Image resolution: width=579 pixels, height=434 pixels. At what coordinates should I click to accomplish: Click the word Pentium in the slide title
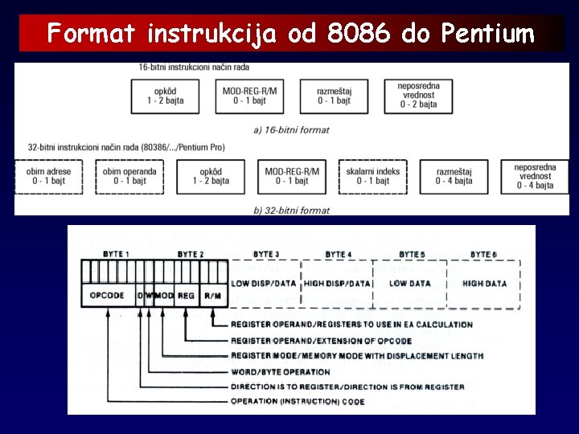pos(487,34)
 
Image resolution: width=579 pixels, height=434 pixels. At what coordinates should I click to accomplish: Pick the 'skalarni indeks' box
pos(371,176)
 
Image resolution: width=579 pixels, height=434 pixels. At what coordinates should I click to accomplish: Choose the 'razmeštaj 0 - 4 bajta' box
pos(454,176)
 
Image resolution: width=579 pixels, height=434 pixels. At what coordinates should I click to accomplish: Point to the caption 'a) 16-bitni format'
pos(291,129)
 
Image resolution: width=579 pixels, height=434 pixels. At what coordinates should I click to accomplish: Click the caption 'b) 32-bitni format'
pos(291,211)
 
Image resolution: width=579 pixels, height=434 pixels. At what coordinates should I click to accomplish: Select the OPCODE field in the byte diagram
pos(107,296)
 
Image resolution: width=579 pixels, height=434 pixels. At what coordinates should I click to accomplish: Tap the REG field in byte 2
pos(186,296)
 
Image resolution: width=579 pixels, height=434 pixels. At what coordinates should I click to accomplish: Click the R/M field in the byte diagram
pos(212,296)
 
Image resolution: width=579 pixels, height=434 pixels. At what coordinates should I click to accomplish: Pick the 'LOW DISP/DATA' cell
pos(263,284)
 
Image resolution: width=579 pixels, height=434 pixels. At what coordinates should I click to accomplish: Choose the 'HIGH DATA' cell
pos(484,284)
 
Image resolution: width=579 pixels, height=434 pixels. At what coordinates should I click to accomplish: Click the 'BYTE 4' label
pos(338,255)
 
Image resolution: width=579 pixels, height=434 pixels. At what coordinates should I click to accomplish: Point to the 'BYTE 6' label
pos(483,255)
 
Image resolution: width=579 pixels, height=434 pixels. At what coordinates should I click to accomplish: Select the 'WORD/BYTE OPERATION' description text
pos(280,372)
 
